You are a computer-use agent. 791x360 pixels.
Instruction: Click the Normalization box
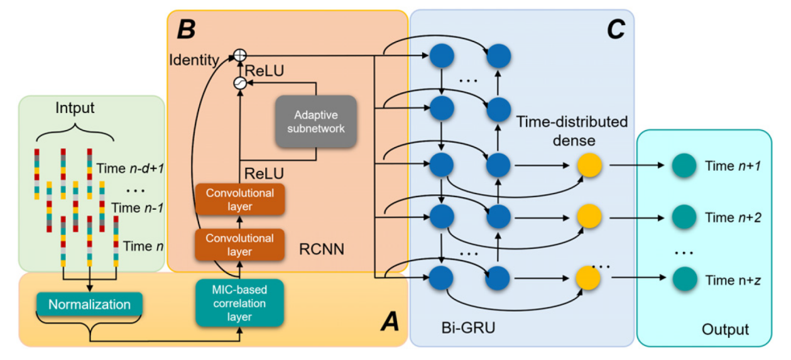90,305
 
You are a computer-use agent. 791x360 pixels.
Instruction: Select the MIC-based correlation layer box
239,302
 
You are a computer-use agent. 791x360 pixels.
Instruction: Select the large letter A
390,323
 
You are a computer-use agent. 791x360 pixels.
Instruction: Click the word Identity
193,60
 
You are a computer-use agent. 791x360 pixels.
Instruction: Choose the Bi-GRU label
464,327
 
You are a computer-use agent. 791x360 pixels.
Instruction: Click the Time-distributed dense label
572,130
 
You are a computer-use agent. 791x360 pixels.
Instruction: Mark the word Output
725,329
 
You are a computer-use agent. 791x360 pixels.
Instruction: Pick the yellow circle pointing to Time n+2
589,217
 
